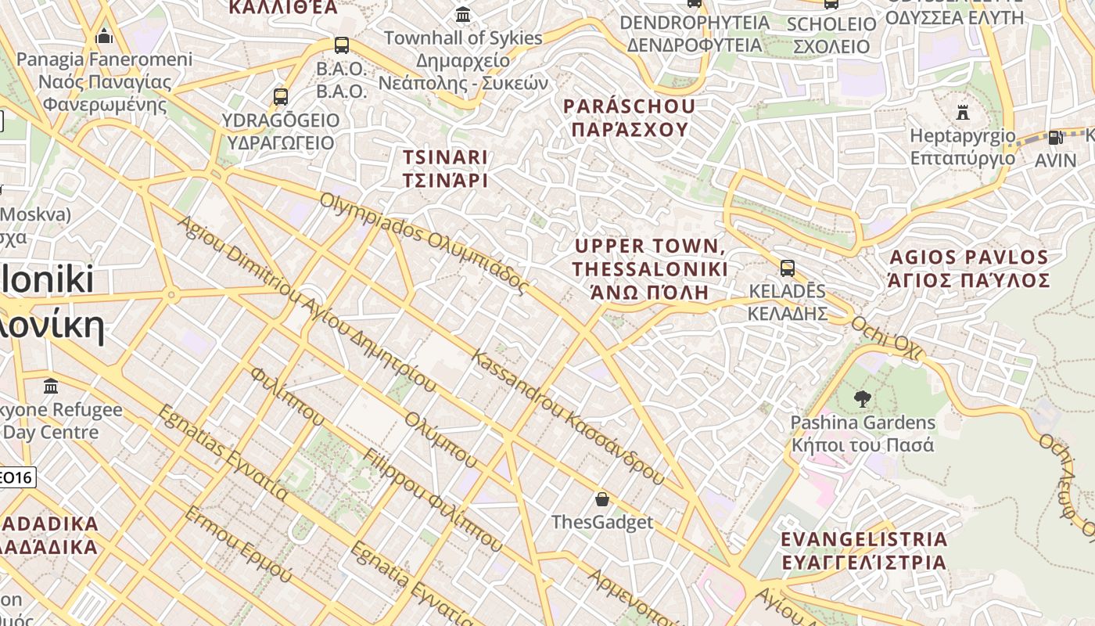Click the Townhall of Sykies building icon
click(463, 15)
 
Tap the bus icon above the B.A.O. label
click(341, 45)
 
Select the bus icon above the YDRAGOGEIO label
click(281, 97)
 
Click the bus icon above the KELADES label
click(788, 268)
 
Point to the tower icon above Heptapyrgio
click(963, 113)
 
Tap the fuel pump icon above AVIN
click(1055, 138)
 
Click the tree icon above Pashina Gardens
click(862, 399)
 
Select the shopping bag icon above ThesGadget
click(602, 499)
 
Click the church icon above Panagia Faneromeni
click(104, 36)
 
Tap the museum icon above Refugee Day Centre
click(52, 387)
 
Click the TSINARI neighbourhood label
click(445, 168)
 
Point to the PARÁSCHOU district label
click(630, 117)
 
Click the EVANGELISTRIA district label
click(863, 550)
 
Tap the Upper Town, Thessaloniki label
click(650, 269)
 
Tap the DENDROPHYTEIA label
click(695, 33)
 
